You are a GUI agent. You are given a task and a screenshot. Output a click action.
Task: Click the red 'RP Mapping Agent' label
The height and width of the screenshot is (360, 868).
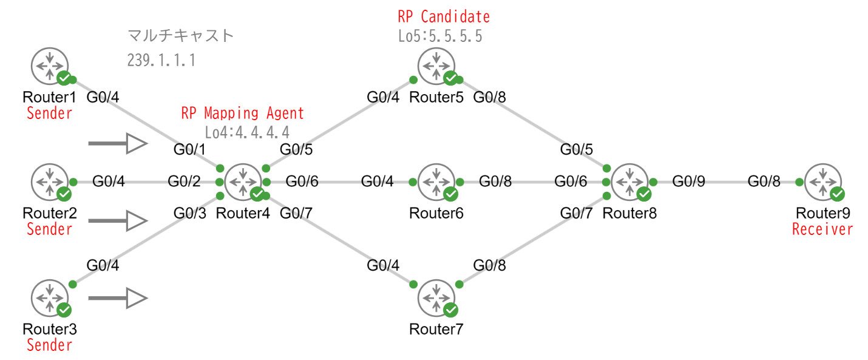coord(242,114)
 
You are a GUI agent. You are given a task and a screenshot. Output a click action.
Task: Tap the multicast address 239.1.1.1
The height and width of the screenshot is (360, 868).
coord(161,60)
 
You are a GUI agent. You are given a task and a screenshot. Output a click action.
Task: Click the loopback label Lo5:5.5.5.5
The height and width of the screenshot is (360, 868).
coord(440,36)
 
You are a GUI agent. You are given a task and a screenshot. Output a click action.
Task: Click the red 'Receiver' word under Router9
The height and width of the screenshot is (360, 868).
coord(822,229)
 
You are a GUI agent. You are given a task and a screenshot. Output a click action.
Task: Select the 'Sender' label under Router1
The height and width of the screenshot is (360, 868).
coord(49,113)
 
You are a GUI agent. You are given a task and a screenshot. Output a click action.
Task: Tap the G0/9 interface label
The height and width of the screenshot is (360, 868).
coord(688,181)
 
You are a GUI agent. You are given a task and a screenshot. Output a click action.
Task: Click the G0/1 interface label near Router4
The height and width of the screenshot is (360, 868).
coord(190,149)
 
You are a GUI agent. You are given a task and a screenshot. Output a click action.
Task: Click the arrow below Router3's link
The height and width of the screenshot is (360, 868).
coord(118,298)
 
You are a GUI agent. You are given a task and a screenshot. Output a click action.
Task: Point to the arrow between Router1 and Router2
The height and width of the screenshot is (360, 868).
coord(118,144)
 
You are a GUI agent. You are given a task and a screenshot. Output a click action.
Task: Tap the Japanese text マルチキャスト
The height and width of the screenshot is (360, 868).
coord(180,36)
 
